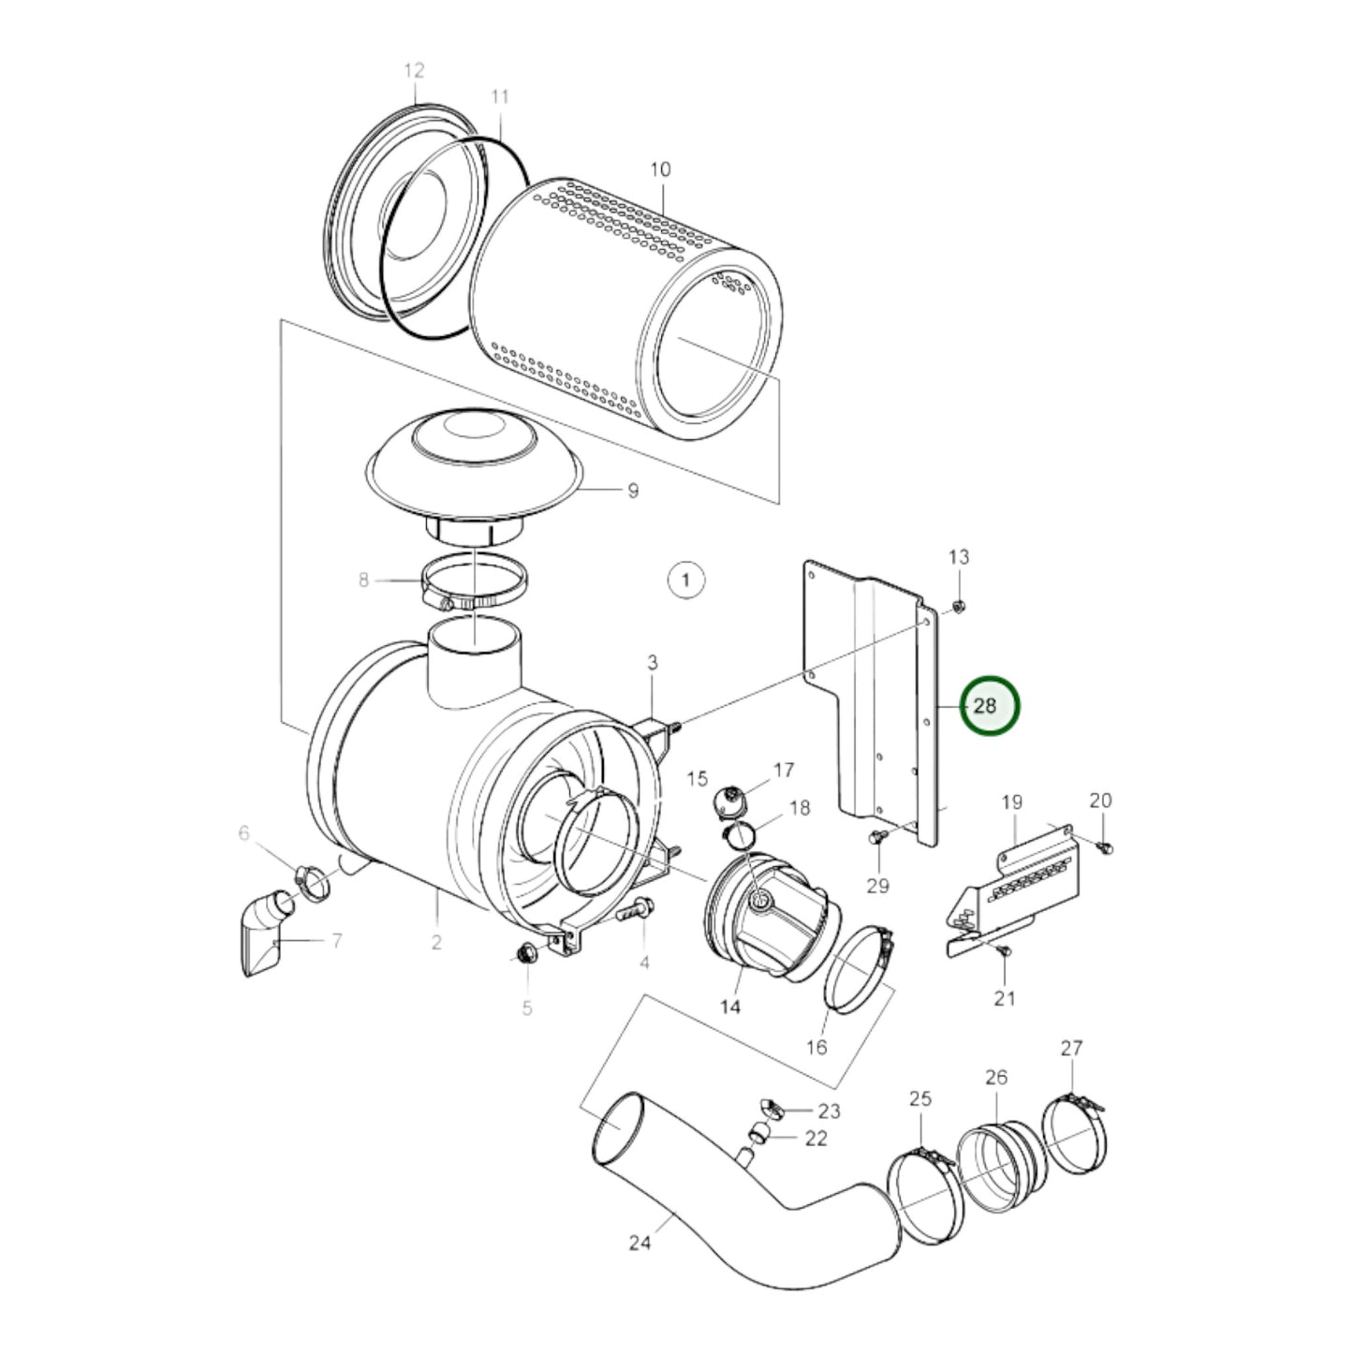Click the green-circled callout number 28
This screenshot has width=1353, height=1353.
pyautogui.click(x=985, y=705)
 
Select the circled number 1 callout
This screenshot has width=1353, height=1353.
pyautogui.click(x=685, y=580)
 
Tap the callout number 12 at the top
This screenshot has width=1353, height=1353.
pyautogui.click(x=414, y=70)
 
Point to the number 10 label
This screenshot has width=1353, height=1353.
pyautogui.click(x=660, y=169)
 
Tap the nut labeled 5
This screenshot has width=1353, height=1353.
pyautogui.click(x=525, y=955)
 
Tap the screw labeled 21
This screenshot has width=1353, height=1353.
pyautogui.click(x=1005, y=950)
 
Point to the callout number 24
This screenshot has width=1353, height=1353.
pyautogui.click(x=640, y=1243)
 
